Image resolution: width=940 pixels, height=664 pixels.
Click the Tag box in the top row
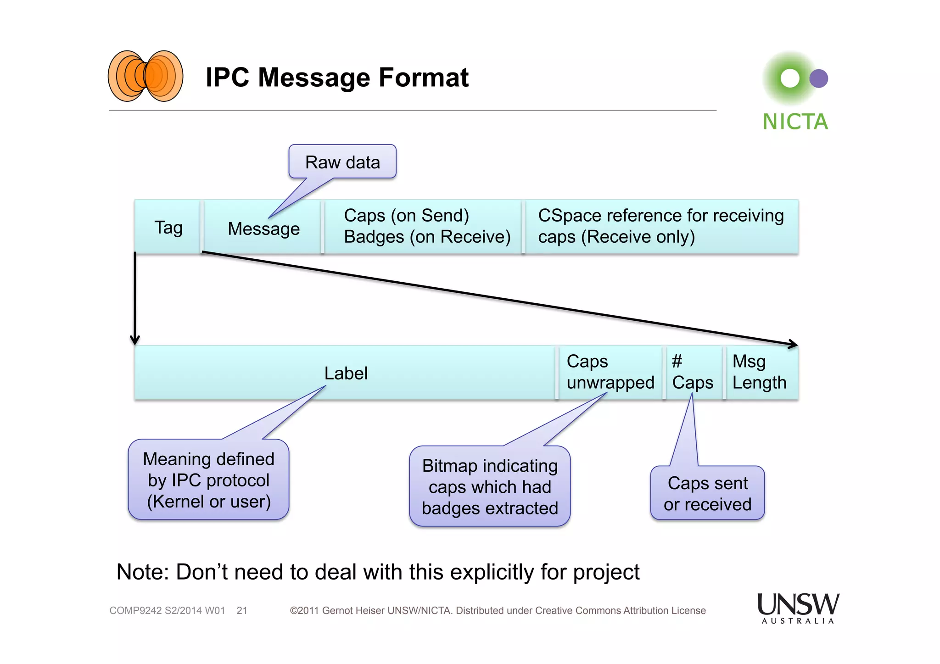click(x=168, y=227)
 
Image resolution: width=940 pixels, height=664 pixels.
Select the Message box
click(x=263, y=228)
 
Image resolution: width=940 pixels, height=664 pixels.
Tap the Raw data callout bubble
click(x=342, y=162)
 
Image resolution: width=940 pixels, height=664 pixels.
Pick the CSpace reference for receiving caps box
click(x=661, y=226)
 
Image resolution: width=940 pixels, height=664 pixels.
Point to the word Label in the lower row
click(x=346, y=373)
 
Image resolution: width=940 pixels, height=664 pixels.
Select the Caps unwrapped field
click(x=610, y=372)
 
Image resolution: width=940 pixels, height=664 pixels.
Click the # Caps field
click(x=692, y=372)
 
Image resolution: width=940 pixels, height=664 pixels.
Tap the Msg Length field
click(x=759, y=372)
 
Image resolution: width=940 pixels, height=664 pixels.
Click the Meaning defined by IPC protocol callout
click(x=208, y=480)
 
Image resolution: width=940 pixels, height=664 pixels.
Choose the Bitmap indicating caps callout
click(x=490, y=486)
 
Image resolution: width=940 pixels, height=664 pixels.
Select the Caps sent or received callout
click(x=707, y=493)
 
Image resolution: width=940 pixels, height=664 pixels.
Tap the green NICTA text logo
click(x=795, y=122)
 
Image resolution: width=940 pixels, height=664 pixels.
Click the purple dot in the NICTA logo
click(x=818, y=78)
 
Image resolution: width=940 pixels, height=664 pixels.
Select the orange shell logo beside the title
click(x=145, y=76)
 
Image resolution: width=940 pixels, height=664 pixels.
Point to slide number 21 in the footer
click(x=242, y=611)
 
